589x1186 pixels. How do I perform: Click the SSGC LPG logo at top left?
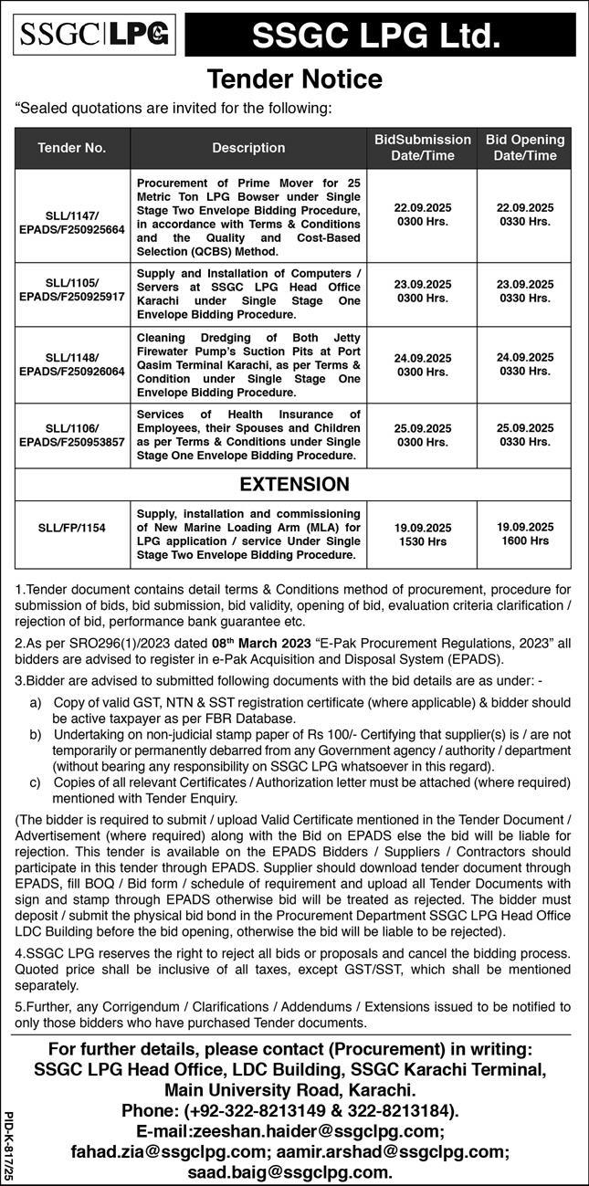(96, 35)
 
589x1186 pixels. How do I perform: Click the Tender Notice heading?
(294, 79)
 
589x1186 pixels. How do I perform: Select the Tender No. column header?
(72, 148)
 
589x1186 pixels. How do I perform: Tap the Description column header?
(248, 148)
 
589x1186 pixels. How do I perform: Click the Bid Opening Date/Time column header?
(525, 148)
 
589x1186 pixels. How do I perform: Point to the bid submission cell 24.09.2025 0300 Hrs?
(422, 365)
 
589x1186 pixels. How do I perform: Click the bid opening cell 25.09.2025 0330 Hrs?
(525, 435)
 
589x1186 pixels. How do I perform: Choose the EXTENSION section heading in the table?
(294, 484)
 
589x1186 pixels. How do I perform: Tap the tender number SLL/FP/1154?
(72, 528)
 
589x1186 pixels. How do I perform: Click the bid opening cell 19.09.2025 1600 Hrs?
(525, 534)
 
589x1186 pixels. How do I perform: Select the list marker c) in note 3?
(36, 782)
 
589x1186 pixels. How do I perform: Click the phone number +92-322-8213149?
(249, 1110)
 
